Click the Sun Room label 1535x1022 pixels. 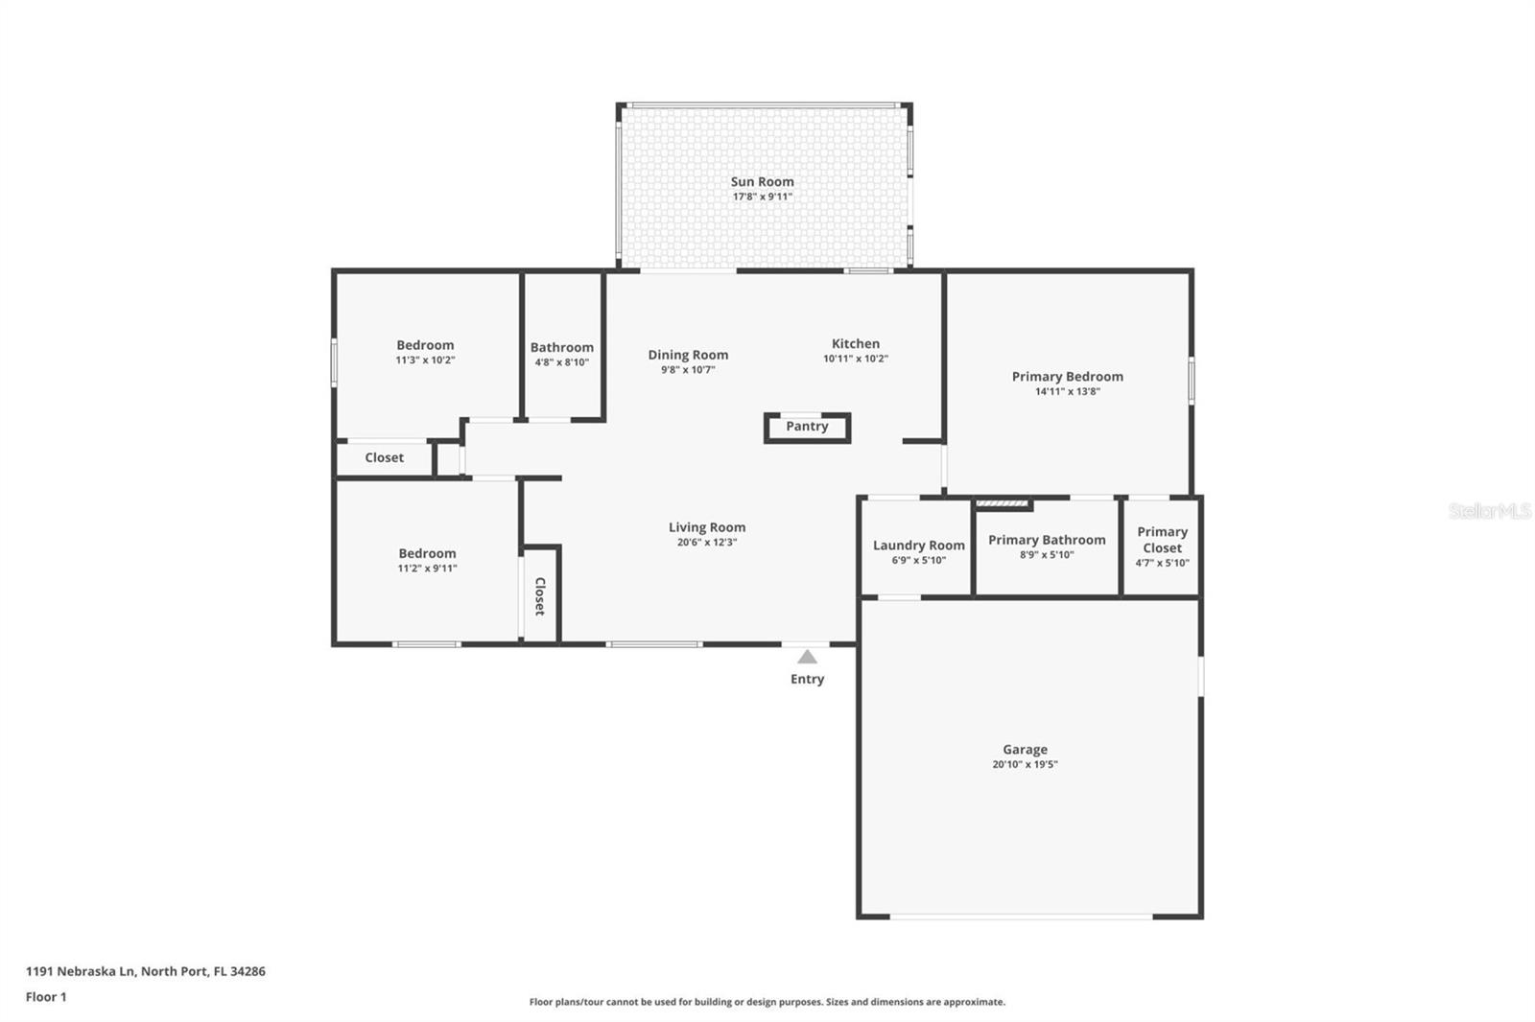(x=762, y=181)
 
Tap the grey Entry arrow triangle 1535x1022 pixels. (x=807, y=657)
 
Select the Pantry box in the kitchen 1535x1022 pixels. (x=807, y=427)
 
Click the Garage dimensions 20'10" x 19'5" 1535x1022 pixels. (x=1025, y=765)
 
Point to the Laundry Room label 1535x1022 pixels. (x=918, y=545)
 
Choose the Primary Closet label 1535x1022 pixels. (x=1162, y=539)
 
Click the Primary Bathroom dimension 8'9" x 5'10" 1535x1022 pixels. (x=1047, y=555)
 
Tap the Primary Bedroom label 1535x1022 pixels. (x=1067, y=376)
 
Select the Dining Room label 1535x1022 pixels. (x=687, y=355)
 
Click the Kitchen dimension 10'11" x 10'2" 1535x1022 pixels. (x=855, y=359)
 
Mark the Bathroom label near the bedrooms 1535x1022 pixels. (x=561, y=347)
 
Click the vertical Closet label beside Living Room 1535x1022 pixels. (x=540, y=595)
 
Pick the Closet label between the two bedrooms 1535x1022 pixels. (x=384, y=457)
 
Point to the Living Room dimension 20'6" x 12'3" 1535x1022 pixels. (x=706, y=543)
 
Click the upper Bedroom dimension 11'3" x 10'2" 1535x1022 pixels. (x=425, y=360)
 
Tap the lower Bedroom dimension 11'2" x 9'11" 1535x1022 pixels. (x=427, y=569)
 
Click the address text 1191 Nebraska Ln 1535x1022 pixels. (x=82, y=971)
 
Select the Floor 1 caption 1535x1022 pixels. (x=46, y=997)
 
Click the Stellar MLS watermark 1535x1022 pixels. (x=1489, y=511)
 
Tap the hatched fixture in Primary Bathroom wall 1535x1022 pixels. (x=1002, y=502)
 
